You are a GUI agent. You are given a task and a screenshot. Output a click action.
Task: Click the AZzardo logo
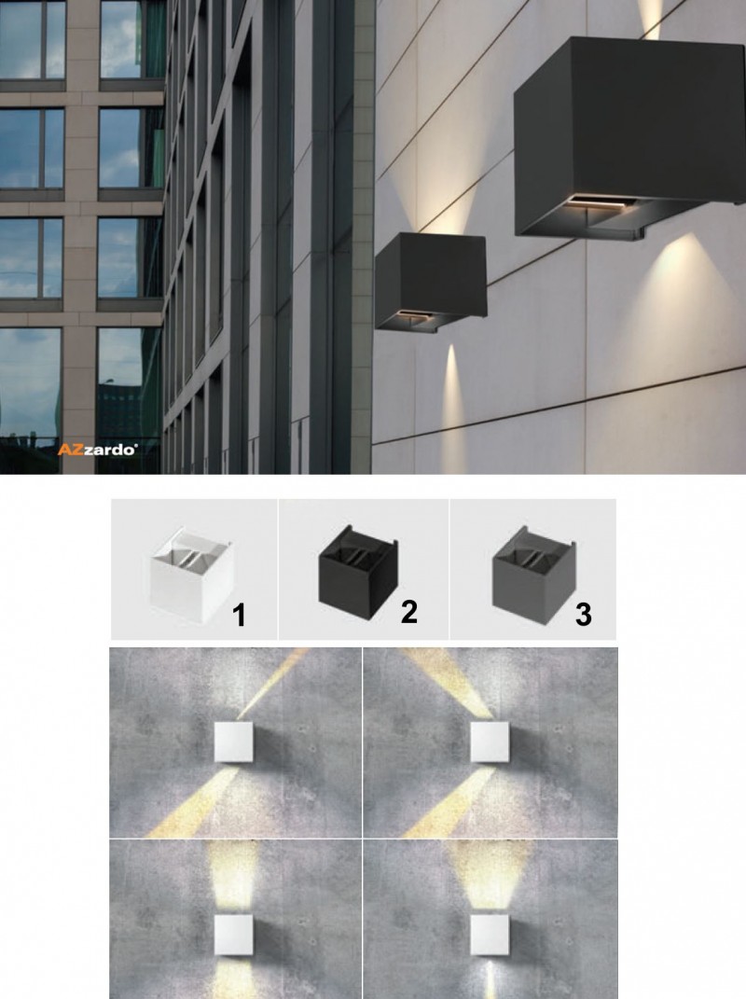[x=98, y=450]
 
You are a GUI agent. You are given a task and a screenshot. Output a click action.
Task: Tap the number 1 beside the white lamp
[x=239, y=616]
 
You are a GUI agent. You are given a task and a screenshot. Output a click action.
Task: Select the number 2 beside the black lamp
[x=409, y=612]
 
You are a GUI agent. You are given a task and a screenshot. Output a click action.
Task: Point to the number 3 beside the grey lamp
[x=583, y=614]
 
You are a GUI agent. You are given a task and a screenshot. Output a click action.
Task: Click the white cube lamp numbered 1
[x=192, y=575]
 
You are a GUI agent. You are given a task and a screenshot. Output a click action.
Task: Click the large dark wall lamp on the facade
[x=629, y=138]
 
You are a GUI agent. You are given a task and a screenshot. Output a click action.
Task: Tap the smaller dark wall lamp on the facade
[x=431, y=282]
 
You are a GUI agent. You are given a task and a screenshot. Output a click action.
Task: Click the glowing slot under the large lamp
[x=601, y=202]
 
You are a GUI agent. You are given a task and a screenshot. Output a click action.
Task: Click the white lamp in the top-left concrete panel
[x=233, y=742]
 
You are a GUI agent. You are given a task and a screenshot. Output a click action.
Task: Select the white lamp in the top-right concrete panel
[x=490, y=742]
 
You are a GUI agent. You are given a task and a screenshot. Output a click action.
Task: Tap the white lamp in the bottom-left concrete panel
[x=233, y=935]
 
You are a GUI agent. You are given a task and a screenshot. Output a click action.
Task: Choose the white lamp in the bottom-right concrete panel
[x=490, y=935]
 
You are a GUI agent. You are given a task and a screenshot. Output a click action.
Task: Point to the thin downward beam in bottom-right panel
[x=490, y=978]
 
